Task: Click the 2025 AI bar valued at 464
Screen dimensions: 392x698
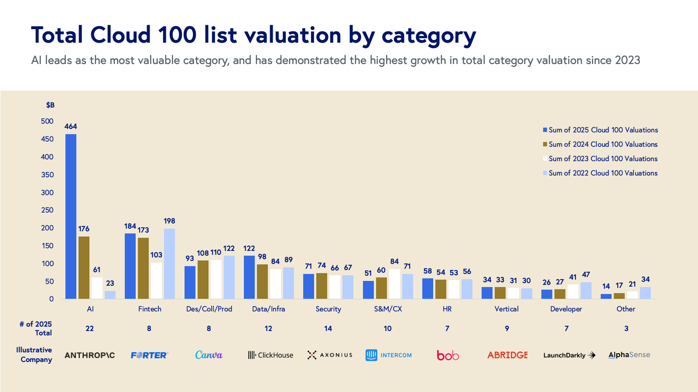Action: click(x=71, y=216)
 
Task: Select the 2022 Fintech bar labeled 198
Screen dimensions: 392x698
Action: click(x=169, y=264)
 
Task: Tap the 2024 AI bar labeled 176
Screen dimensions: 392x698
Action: click(x=84, y=267)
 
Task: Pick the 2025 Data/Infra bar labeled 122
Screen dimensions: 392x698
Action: click(x=249, y=277)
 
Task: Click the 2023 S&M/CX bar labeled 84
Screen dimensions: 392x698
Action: click(x=394, y=284)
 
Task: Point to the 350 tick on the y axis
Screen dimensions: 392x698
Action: click(x=47, y=175)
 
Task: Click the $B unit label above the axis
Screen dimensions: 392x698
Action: click(x=50, y=105)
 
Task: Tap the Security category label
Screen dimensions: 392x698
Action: click(x=328, y=309)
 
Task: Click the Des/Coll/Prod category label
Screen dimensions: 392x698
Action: click(x=209, y=309)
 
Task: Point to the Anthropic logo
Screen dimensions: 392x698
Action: click(x=90, y=355)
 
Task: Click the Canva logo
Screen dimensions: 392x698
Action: click(x=209, y=355)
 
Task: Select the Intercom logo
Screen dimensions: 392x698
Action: click(x=389, y=355)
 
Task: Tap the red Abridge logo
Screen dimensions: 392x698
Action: click(x=507, y=355)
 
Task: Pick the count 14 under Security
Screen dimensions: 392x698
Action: click(x=328, y=328)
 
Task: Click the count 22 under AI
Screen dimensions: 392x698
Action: click(x=89, y=328)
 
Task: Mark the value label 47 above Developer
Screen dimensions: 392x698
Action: click(x=586, y=274)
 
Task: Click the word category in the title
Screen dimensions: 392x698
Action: click(x=428, y=36)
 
